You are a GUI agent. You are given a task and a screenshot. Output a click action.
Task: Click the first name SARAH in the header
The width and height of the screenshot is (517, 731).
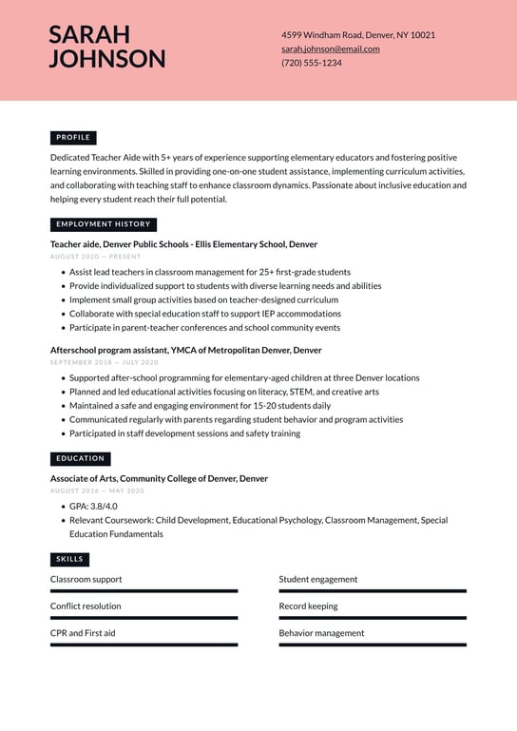coord(89,35)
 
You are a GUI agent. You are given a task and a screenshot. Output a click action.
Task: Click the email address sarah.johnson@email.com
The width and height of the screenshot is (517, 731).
coord(330,48)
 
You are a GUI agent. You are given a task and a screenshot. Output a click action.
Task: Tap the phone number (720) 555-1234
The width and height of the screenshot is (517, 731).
coord(311,63)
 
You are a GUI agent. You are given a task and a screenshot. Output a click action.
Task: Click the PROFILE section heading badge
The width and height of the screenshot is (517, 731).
coord(73,138)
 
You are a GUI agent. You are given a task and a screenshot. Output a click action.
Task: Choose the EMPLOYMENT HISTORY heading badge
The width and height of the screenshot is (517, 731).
coord(103,224)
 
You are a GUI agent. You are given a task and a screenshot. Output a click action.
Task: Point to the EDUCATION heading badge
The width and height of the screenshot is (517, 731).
coord(80,458)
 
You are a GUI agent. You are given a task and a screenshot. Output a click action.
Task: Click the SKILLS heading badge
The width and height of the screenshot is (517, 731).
coord(69,559)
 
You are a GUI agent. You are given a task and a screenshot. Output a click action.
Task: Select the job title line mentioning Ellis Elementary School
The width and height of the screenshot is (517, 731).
coord(183,244)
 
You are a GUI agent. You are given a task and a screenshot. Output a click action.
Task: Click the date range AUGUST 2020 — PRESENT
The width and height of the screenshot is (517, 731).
coord(95,257)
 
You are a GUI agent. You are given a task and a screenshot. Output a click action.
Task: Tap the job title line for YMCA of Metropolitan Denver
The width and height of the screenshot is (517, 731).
coord(185,350)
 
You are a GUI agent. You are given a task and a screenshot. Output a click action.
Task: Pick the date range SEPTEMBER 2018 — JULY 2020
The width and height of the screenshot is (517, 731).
coord(104,362)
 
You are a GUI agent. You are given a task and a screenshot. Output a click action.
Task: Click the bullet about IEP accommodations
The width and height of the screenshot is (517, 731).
coord(204,314)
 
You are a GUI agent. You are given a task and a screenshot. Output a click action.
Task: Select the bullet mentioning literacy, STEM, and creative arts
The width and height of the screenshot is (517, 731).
coord(223,392)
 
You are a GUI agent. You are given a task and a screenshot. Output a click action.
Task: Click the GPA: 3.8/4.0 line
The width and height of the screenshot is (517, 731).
coord(93,507)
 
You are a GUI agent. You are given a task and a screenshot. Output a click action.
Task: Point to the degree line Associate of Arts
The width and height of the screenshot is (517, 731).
coord(159,479)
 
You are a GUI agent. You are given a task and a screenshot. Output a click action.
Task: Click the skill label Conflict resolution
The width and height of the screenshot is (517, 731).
coord(86,606)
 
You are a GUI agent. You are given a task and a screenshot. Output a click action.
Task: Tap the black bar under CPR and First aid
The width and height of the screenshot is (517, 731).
coord(144,644)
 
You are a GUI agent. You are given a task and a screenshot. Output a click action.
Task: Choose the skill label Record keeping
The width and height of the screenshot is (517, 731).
coord(308,606)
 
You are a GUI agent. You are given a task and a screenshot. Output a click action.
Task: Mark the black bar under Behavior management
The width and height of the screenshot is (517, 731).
coord(373,644)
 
